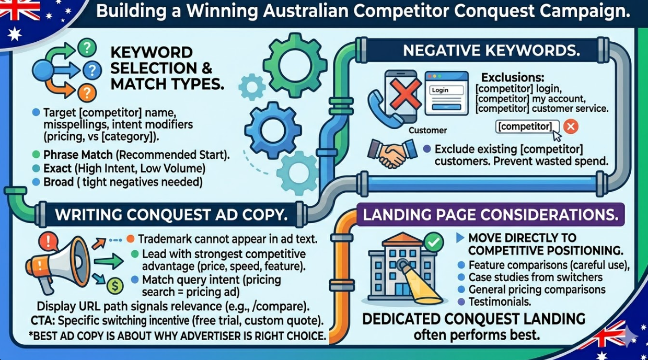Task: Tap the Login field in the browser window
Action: tap(447, 90)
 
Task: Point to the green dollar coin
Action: tap(114, 285)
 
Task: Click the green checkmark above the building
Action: tap(433, 241)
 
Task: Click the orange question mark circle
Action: tap(86, 93)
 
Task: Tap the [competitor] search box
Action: tap(527, 126)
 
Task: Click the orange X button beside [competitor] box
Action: tap(571, 126)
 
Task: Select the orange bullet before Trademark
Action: tap(131, 239)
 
